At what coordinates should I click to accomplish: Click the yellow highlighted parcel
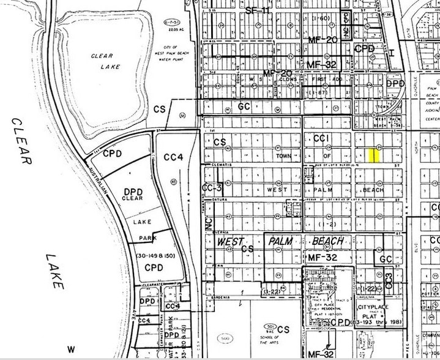click(373, 156)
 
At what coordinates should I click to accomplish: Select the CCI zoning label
click(322, 139)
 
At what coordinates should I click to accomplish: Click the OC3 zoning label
click(389, 281)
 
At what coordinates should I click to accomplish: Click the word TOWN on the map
click(283, 156)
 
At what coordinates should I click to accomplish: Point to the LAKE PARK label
click(144, 230)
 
